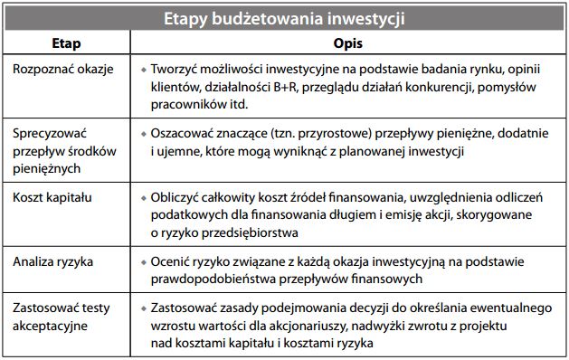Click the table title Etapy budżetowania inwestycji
(284, 18)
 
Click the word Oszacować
(184, 134)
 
